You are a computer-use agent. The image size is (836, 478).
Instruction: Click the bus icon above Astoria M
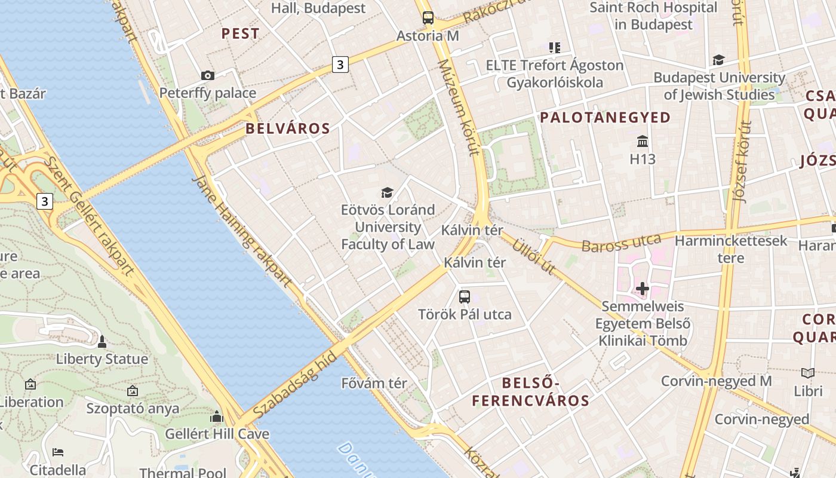(428, 17)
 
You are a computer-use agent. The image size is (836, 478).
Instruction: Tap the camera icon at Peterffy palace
(208, 75)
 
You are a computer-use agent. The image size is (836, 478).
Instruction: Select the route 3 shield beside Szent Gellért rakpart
(44, 201)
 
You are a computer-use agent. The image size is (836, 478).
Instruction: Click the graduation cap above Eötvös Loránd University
(388, 192)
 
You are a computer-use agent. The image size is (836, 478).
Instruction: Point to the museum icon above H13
(643, 142)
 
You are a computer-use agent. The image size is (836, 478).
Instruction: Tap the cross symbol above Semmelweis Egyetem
(643, 289)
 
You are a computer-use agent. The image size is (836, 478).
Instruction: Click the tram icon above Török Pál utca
(465, 296)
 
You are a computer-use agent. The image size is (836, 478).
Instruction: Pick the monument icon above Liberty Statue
(102, 342)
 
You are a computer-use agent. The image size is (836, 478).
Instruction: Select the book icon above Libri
(808, 373)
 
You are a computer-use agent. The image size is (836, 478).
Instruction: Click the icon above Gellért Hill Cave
(217, 416)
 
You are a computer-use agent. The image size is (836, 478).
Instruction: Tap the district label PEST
(241, 33)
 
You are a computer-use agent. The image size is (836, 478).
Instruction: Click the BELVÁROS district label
(288, 128)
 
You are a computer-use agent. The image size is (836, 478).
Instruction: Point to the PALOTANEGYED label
(606, 117)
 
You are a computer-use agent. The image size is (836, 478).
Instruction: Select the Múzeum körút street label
(459, 108)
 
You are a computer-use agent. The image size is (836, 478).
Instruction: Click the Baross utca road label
(621, 243)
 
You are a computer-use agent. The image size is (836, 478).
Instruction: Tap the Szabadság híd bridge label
(295, 383)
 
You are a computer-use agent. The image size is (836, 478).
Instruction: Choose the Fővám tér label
(374, 383)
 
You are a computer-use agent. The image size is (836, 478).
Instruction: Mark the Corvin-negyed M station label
(716, 381)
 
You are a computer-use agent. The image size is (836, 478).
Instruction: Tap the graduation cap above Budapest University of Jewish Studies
(718, 60)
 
